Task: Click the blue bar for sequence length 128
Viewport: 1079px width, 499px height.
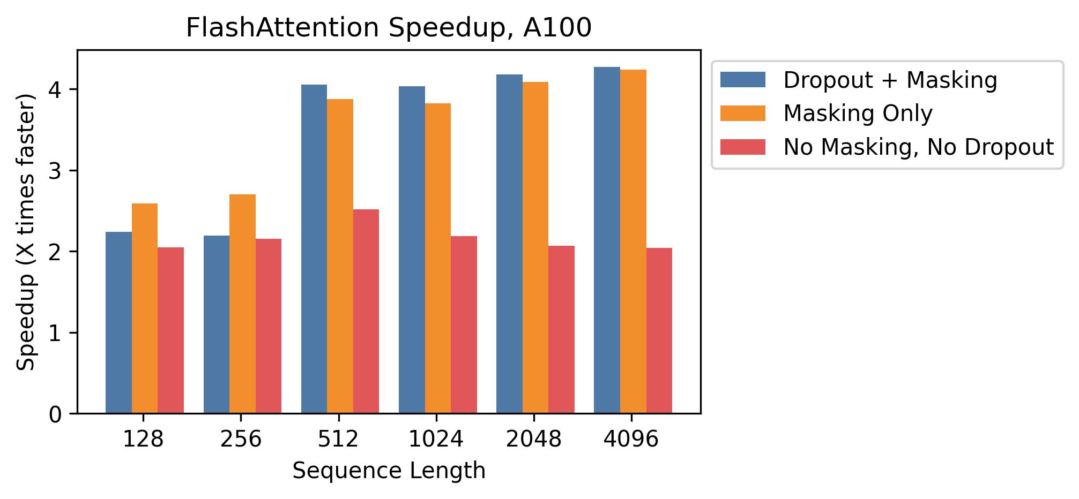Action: tap(118, 322)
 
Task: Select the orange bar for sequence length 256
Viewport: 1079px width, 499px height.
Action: tap(242, 304)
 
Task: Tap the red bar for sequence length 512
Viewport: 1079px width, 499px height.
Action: tap(366, 311)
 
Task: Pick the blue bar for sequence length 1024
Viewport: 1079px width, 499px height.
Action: tap(412, 249)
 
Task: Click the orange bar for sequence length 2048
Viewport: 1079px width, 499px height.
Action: tap(535, 247)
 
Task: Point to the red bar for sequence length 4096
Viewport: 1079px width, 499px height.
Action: tap(659, 330)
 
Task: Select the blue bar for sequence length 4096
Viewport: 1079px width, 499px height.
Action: tap(607, 240)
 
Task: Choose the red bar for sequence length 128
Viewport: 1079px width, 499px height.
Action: tap(170, 330)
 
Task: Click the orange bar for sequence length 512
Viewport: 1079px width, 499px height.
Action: tap(340, 256)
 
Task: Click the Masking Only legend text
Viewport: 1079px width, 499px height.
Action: tap(858, 114)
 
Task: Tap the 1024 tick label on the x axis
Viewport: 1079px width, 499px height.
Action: tap(436, 440)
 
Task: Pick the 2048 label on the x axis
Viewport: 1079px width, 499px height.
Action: tap(533, 440)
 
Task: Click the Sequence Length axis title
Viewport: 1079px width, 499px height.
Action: tap(389, 471)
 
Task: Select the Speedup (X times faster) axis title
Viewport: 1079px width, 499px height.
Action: tap(26, 232)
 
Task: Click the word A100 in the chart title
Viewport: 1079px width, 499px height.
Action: tap(557, 28)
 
